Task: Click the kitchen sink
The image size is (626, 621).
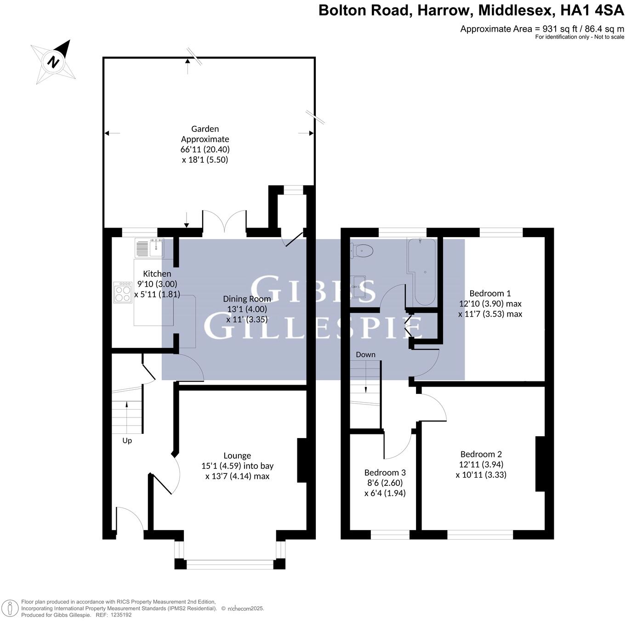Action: pos(150,248)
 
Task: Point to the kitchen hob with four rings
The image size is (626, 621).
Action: pos(123,292)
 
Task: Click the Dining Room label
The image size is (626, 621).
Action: pos(247,299)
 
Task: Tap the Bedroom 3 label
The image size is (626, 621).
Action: pos(385,473)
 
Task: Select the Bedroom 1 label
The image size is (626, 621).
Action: pos(490,293)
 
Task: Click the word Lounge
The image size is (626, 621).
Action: pos(237,456)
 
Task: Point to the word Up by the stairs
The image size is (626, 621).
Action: pos(127,440)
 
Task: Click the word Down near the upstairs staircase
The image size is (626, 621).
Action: pos(365,354)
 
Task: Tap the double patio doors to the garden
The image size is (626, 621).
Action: pos(224,224)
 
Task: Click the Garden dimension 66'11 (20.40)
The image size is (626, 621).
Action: pos(205,149)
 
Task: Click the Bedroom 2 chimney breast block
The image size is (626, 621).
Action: pos(540,464)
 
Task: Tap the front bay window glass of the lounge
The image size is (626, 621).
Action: pos(230,564)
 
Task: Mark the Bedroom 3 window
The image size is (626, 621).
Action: pos(390,535)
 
